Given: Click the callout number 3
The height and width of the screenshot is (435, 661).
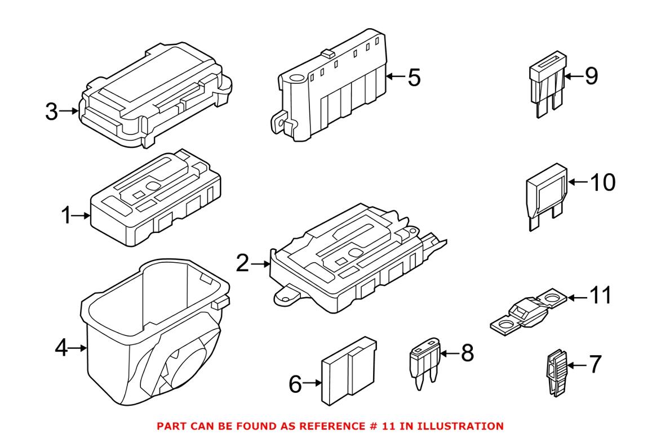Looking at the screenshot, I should click(51, 111).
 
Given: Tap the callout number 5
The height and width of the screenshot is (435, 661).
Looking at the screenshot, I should click(414, 78).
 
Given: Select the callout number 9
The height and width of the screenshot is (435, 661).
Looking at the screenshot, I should click(591, 75).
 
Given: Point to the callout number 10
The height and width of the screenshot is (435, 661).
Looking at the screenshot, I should click(602, 182).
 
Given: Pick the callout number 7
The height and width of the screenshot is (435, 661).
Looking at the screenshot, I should click(596, 365).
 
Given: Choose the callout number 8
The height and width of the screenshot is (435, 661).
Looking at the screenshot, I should click(467, 353).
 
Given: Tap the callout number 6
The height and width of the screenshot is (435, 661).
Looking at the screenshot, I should click(296, 384).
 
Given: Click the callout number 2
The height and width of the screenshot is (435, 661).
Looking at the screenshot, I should click(242, 263).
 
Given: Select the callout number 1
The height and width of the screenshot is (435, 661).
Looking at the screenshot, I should click(67, 215).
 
